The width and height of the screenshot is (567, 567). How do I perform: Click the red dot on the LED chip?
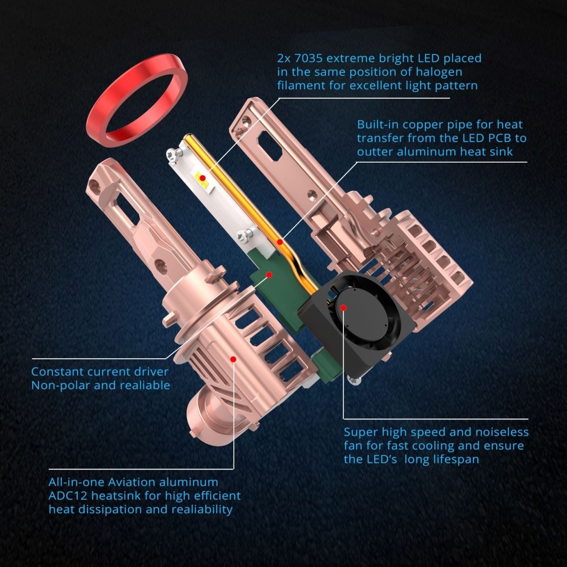tap(202, 178)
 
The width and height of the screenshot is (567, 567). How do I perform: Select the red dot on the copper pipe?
tap(280, 242)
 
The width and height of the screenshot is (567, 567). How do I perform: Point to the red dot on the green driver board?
tap(269, 275)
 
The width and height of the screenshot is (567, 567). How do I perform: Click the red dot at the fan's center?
tap(344, 308)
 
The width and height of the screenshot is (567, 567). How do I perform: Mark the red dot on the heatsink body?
tap(233, 359)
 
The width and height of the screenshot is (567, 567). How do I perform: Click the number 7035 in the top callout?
tap(307, 58)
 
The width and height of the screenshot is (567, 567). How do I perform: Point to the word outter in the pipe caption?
tap(374, 152)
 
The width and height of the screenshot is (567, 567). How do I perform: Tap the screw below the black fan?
tap(354, 381)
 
